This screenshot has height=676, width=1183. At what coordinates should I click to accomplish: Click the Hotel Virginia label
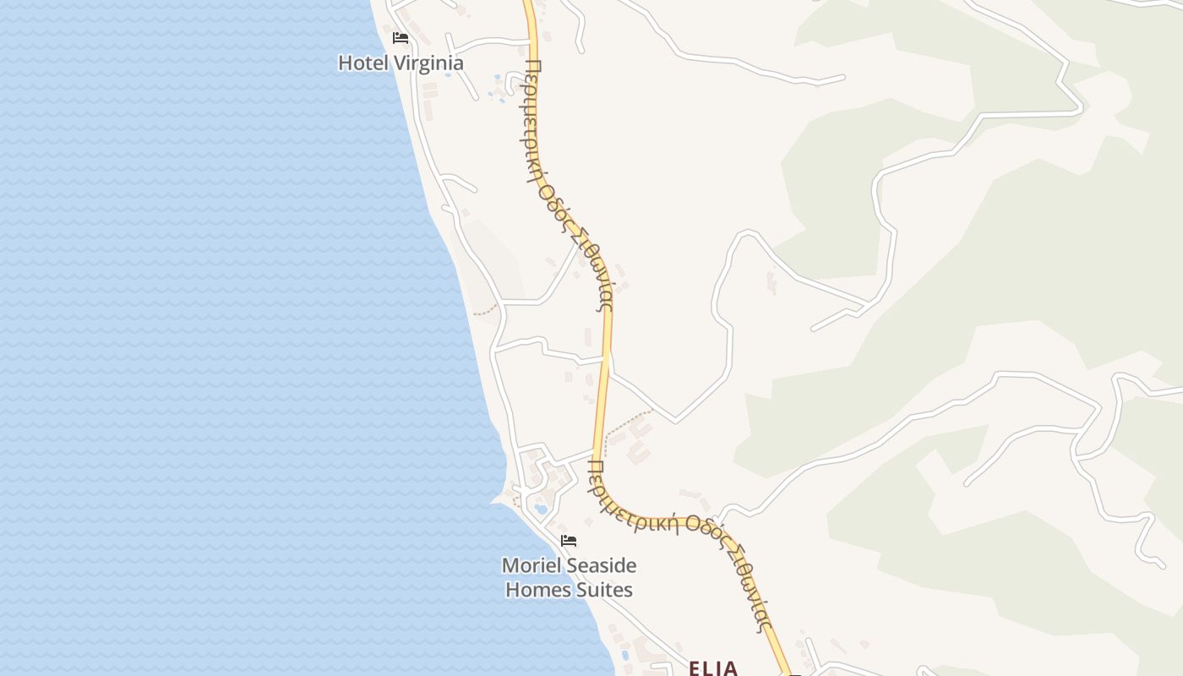pyautogui.click(x=401, y=63)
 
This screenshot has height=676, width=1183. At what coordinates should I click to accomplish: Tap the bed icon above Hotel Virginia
pyautogui.click(x=401, y=38)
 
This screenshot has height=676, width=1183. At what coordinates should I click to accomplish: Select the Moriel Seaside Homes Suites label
pyautogui.click(x=569, y=577)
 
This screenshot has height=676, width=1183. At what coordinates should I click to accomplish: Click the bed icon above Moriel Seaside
pyautogui.click(x=569, y=541)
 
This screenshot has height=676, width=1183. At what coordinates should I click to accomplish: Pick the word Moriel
pyautogui.click(x=528, y=565)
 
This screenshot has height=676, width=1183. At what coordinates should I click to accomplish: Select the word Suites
pyautogui.click(x=606, y=589)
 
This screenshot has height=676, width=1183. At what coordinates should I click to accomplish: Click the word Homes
pyautogui.click(x=539, y=589)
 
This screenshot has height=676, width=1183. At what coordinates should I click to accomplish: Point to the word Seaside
pyautogui.click(x=598, y=565)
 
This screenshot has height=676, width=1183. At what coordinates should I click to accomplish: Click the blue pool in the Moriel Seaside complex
pyautogui.click(x=541, y=510)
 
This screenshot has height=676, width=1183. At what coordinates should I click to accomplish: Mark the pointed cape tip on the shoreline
pyautogui.click(x=492, y=501)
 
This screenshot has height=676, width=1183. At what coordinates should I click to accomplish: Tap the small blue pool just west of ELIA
pyautogui.click(x=625, y=655)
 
